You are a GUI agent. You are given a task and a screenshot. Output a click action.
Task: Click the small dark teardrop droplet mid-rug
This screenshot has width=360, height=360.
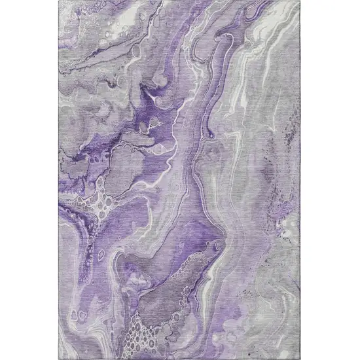coord(211,135)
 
